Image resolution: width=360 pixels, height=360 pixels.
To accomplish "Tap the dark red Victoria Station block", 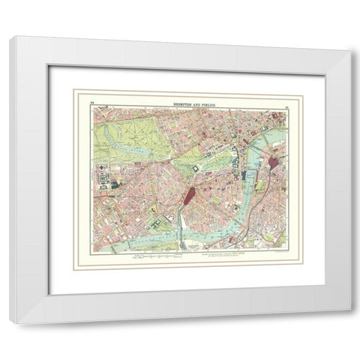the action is (188, 200).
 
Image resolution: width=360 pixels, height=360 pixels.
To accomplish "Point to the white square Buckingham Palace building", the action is (194, 169).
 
